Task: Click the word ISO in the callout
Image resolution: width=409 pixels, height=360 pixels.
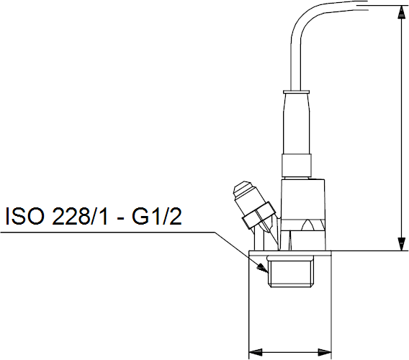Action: click(x=24, y=216)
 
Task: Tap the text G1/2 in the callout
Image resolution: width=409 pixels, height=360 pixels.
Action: click(x=156, y=216)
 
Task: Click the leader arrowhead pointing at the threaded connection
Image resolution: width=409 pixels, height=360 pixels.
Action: click(x=261, y=267)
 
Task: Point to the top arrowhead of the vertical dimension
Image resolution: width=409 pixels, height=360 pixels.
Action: click(x=400, y=12)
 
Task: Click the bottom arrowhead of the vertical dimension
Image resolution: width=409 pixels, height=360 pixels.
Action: click(x=401, y=244)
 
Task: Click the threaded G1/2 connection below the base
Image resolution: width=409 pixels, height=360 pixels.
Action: click(x=290, y=272)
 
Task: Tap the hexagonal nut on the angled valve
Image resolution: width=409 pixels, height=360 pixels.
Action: click(x=259, y=215)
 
